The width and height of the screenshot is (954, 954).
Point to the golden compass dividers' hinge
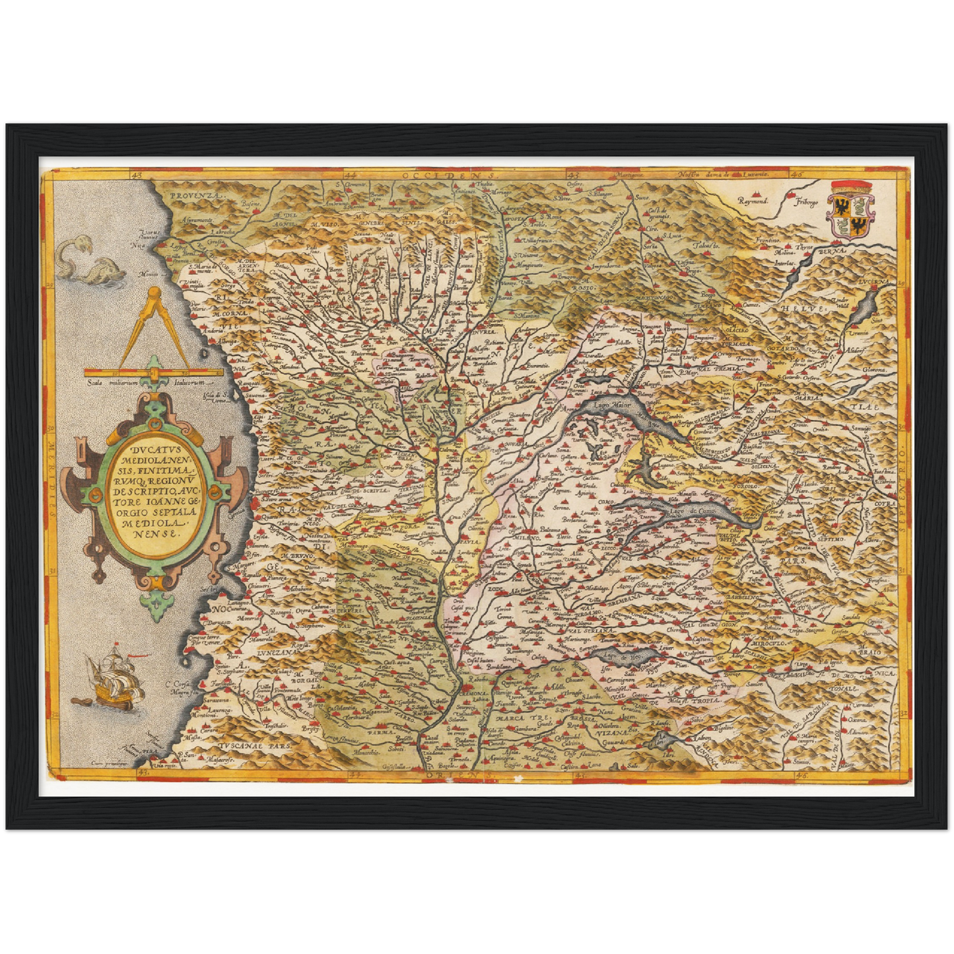[x=153, y=291]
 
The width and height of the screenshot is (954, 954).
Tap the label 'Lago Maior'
[x=611, y=405]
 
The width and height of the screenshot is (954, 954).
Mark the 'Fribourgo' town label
[x=806, y=201]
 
